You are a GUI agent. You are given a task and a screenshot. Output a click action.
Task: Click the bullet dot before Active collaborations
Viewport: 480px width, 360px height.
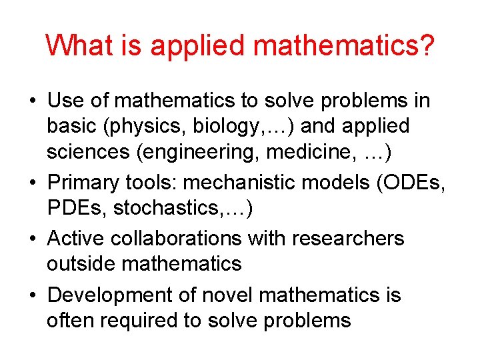(x=32, y=239)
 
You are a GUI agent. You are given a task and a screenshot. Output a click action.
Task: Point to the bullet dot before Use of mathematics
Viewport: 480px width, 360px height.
(x=32, y=101)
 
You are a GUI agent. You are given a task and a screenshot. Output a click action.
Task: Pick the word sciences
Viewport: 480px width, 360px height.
(x=87, y=152)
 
